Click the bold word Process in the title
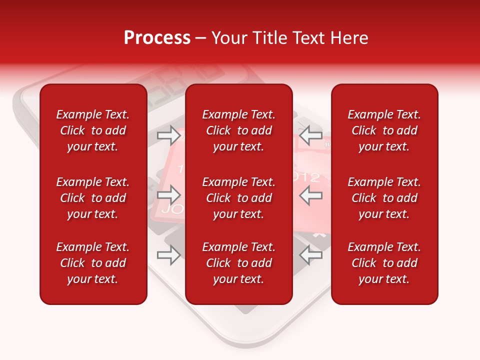coord(157,38)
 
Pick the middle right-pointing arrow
coord(169,194)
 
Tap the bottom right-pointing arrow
coord(169,255)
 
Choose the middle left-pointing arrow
coord(310,194)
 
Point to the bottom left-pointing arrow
coord(310,255)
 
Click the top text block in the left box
coord(93,130)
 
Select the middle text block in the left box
coord(93,198)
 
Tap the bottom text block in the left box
coord(93,263)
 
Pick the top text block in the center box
coord(239,130)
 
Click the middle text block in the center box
coord(239,198)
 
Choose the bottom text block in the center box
coord(239,263)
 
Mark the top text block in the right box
coord(384,130)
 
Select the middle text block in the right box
coord(384,198)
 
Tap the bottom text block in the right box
coord(384,263)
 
